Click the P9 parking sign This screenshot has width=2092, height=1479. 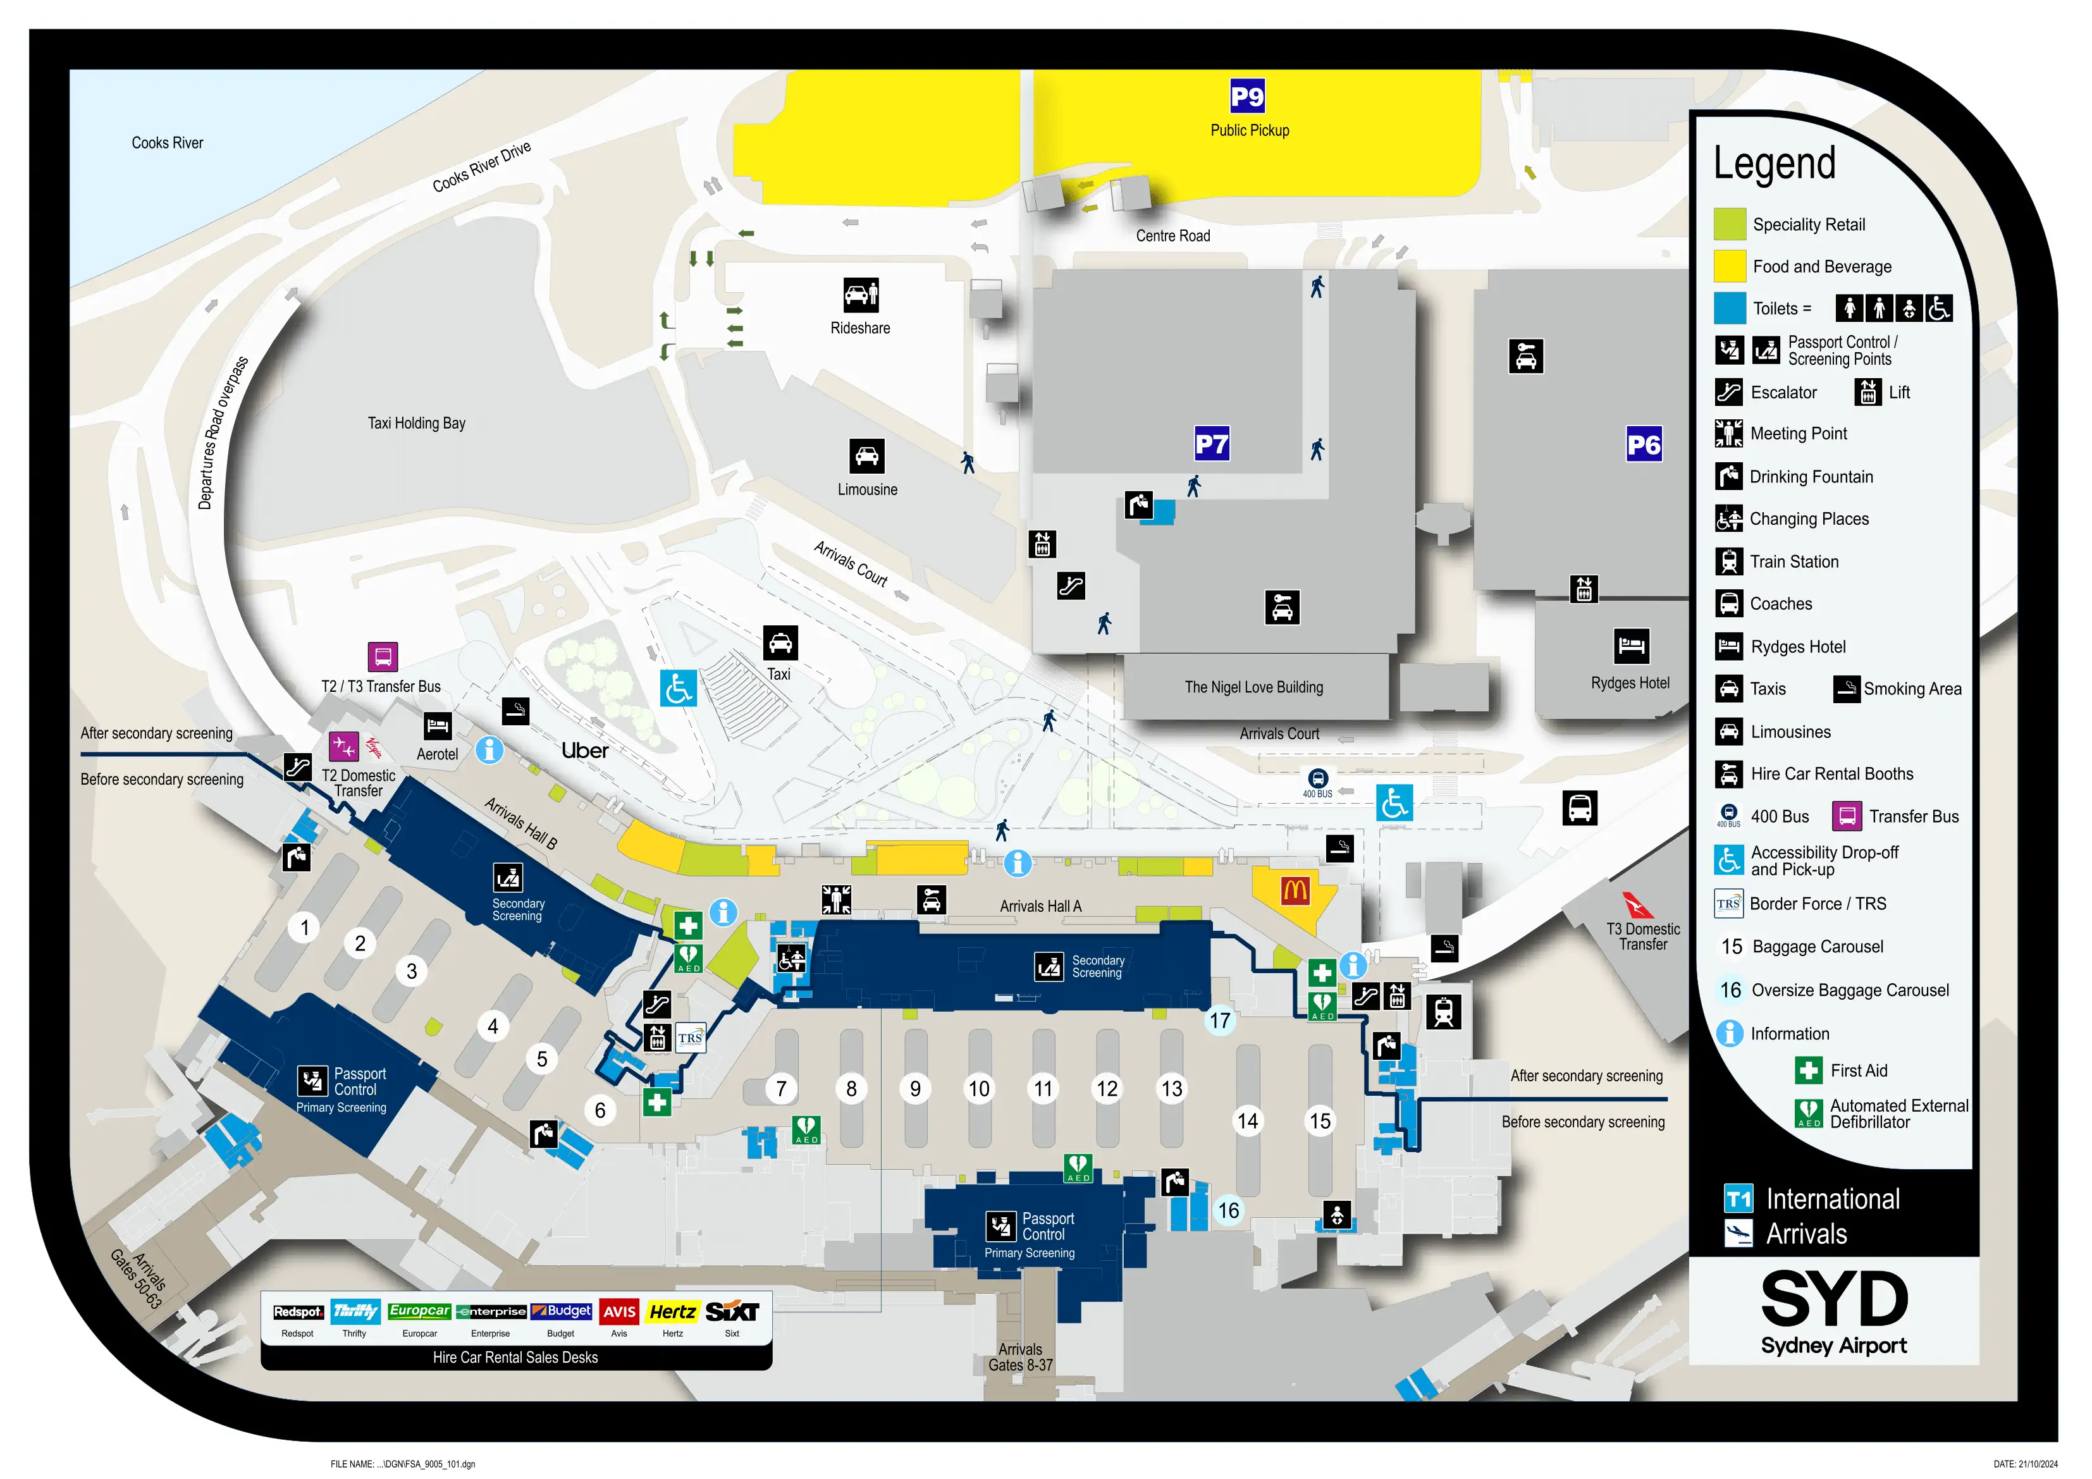(1246, 95)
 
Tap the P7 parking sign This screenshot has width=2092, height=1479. (1212, 444)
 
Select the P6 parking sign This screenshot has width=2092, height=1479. (1644, 445)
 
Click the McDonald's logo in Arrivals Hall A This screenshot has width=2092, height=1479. (1295, 890)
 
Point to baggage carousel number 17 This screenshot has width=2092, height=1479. (1219, 1021)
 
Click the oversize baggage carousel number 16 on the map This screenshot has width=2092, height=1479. (1228, 1210)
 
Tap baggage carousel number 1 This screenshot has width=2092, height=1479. (304, 928)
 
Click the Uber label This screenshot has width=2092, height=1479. (584, 751)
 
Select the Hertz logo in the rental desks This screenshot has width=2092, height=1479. (672, 1311)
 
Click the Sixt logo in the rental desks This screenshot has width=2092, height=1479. (732, 1311)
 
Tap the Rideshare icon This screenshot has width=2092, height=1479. (860, 295)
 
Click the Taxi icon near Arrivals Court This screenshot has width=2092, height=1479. (780, 642)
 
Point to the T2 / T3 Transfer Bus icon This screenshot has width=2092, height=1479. (383, 656)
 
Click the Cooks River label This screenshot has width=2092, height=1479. (167, 143)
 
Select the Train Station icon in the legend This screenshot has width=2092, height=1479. (1728, 562)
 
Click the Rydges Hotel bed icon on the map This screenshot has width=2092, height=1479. (1630, 646)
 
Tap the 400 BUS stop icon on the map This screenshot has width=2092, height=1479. (1317, 779)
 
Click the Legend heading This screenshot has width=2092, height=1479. (1773, 163)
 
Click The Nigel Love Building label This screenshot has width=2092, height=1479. (1253, 687)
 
